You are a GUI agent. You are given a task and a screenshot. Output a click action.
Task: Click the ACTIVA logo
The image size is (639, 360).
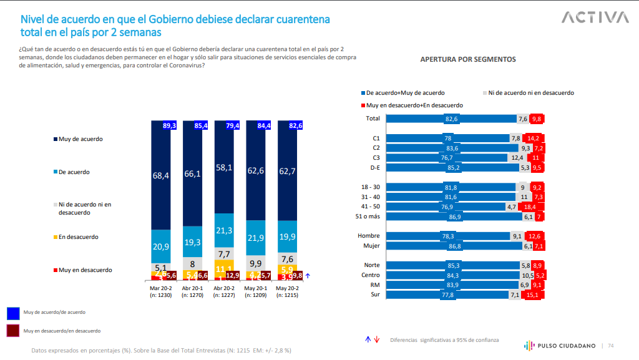click(x=595, y=17)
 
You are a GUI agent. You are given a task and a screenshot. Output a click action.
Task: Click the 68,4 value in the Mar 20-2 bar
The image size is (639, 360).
click(x=161, y=177)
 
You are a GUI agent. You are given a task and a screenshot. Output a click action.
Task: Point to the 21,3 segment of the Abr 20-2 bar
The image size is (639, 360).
click(x=223, y=231)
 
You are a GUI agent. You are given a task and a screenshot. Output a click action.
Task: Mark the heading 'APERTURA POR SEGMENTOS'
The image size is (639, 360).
click(x=467, y=59)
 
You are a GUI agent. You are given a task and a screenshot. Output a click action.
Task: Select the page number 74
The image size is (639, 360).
click(x=611, y=346)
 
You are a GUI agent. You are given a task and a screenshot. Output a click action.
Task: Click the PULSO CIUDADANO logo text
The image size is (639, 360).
click(x=564, y=346)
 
